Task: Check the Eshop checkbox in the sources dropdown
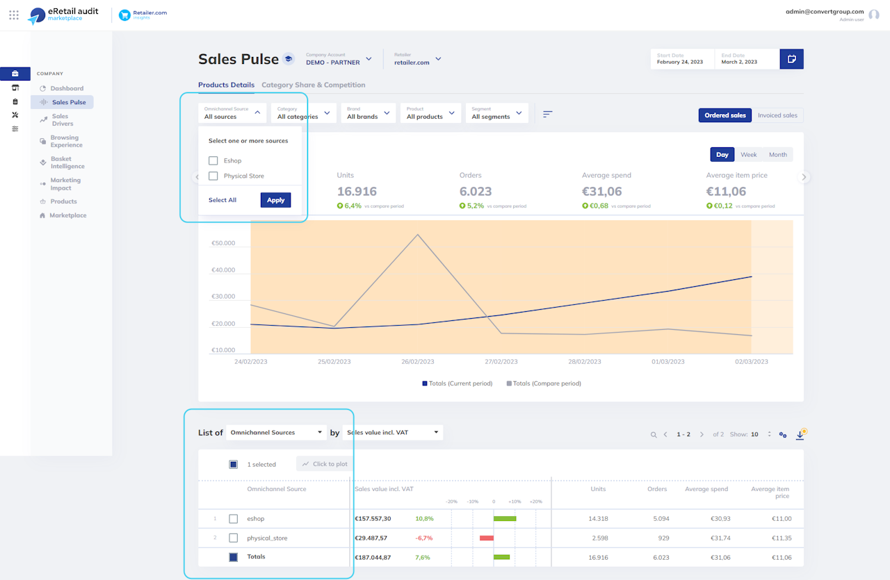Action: (x=213, y=161)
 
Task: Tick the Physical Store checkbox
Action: (x=213, y=176)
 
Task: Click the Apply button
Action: (x=276, y=200)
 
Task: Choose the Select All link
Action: (x=222, y=200)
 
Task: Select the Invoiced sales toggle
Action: (x=777, y=115)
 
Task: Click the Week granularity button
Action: (x=749, y=155)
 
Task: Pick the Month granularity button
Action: (x=777, y=155)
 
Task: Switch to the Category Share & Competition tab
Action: (x=313, y=85)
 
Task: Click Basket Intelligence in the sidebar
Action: (x=67, y=163)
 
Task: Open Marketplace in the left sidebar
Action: (x=67, y=215)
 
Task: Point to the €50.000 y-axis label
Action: (x=224, y=244)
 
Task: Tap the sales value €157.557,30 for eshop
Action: (x=373, y=519)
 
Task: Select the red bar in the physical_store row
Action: (x=487, y=538)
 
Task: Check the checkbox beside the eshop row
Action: (x=234, y=519)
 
